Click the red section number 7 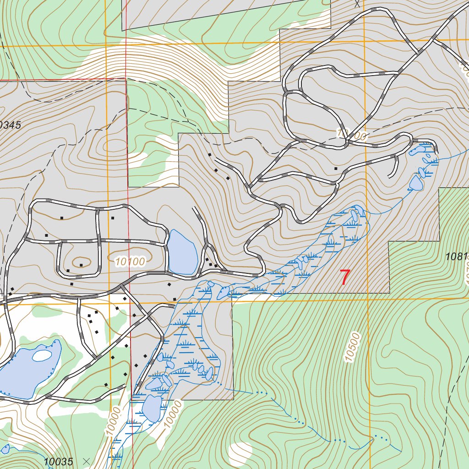[x=345, y=278]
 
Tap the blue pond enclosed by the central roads [x=182, y=252]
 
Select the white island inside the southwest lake [x=42, y=355]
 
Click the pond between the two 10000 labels [x=151, y=407]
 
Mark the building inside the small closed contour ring [x=81, y=265]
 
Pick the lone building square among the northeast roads [x=336, y=169]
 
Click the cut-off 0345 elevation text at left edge [x=10, y=125]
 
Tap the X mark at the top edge [x=358, y=4]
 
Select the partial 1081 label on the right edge [x=456, y=256]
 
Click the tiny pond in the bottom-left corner [x=5, y=448]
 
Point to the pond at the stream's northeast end [x=416, y=182]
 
